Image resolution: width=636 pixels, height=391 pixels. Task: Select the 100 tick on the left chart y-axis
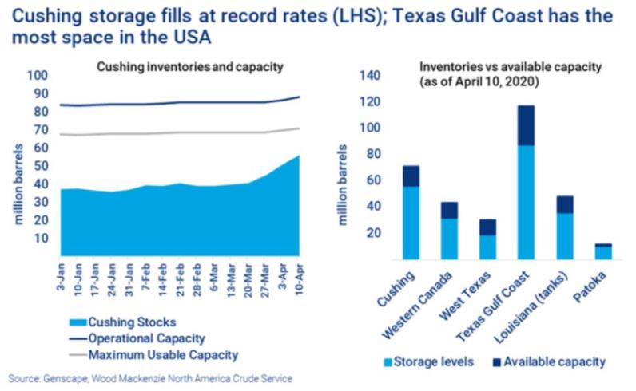pyautogui.click(x=38, y=75)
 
